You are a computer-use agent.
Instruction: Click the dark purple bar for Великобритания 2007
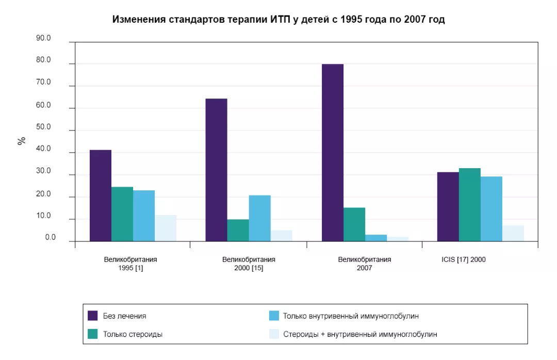(x=333, y=153)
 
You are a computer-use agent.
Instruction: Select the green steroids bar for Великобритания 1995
(x=122, y=214)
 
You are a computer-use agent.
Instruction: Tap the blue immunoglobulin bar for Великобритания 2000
(x=259, y=218)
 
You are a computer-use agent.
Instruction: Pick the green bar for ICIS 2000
(x=469, y=205)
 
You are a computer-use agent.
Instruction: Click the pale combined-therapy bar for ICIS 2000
(x=513, y=233)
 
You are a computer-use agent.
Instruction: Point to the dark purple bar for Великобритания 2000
(x=216, y=170)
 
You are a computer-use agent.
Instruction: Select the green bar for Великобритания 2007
(x=354, y=224)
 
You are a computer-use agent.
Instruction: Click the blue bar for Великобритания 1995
(x=144, y=216)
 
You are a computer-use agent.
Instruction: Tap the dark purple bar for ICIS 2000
(x=448, y=206)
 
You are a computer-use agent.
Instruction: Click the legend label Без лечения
(x=124, y=316)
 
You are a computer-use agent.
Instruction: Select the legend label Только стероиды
(x=133, y=334)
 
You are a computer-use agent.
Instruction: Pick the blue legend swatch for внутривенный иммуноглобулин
(x=274, y=316)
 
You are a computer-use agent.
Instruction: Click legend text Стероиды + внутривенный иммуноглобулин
(x=360, y=334)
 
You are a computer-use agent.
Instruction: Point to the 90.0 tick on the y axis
(x=43, y=38)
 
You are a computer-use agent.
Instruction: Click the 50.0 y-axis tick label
(x=43, y=127)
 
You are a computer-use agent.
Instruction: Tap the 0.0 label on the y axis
(x=50, y=238)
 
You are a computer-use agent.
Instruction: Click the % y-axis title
(x=22, y=141)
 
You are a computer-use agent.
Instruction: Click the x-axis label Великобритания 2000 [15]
(x=249, y=264)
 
